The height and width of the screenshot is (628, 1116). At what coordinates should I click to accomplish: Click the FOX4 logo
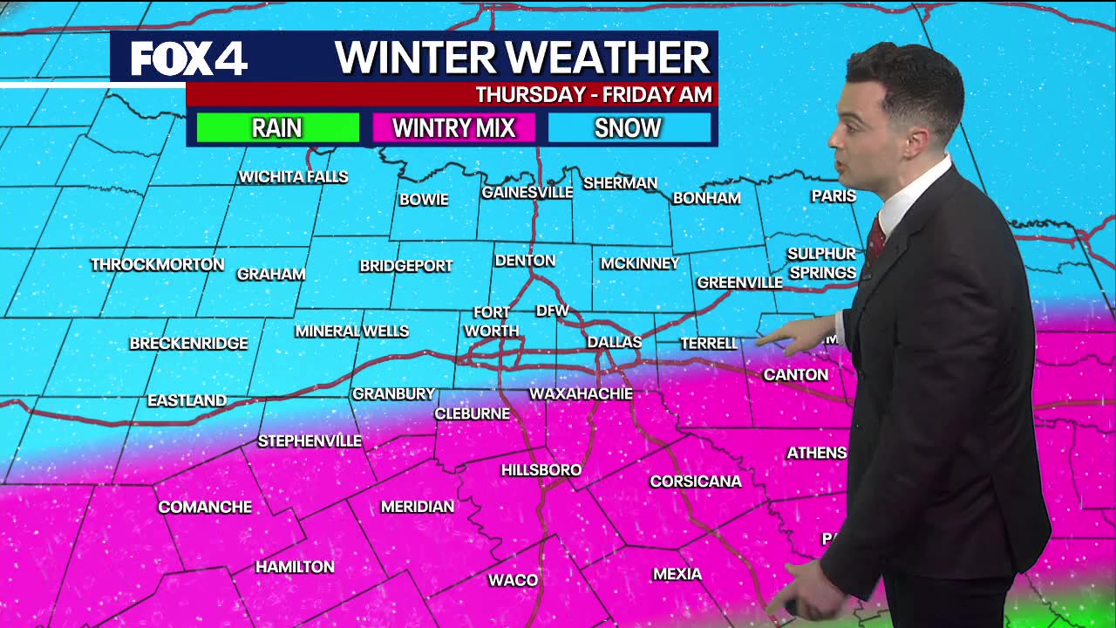(189, 58)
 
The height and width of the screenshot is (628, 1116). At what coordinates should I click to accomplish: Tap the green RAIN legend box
(277, 128)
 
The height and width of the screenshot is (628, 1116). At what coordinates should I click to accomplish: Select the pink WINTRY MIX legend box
(453, 128)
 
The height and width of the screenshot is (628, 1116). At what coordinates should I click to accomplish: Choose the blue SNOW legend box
(628, 128)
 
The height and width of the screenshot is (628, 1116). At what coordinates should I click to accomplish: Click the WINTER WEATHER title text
(523, 58)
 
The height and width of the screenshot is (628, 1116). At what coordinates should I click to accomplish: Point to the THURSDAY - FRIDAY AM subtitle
(594, 94)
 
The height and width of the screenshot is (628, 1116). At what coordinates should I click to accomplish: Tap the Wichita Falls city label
(293, 177)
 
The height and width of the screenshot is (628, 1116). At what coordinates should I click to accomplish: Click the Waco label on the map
(513, 580)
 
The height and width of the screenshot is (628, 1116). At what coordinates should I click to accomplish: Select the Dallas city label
(614, 342)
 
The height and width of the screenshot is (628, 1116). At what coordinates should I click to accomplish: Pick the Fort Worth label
(492, 322)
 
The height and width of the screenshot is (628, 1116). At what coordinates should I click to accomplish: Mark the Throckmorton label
(158, 264)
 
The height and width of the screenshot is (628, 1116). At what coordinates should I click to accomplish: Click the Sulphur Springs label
(821, 263)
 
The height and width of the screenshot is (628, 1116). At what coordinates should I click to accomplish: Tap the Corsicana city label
(695, 481)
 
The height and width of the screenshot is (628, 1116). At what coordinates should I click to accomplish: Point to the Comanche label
(205, 507)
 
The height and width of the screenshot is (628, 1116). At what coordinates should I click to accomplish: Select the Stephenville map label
(310, 441)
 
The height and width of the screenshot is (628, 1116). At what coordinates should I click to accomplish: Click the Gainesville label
(527, 192)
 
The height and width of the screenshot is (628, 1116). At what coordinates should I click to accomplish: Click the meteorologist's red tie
(875, 238)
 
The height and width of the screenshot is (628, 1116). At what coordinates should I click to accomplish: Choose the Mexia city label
(677, 574)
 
